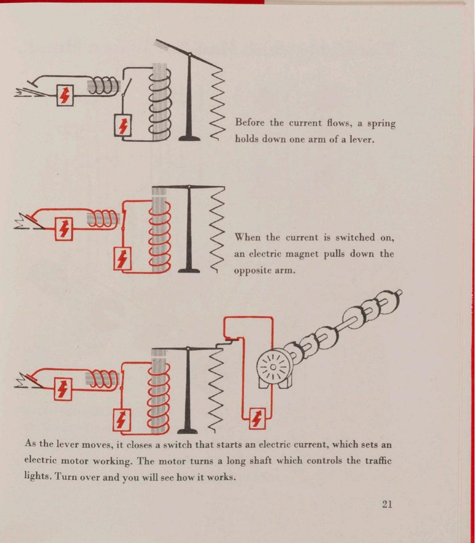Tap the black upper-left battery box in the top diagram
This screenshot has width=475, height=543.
coord(65,95)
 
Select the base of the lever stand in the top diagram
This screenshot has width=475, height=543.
coord(189,138)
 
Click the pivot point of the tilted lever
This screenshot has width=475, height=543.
coord(189,54)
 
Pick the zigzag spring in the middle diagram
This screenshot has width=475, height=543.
coord(217,230)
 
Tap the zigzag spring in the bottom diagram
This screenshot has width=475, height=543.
coord(218,388)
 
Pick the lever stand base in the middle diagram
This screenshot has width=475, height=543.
coord(189,270)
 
